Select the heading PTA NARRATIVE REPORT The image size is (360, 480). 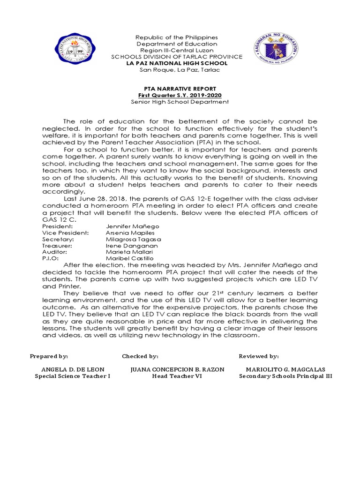(x=180, y=88)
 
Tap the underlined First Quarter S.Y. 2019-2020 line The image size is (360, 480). (x=180, y=95)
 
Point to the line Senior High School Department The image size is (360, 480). (x=180, y=101)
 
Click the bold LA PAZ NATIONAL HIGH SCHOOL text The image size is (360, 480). (x=180, y=63)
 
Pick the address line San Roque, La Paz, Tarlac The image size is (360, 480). (x=180, y=70)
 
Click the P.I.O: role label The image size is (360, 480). (x=50, y=258)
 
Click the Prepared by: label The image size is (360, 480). (x=49, y=356)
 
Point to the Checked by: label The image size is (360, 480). (x=140, y=356)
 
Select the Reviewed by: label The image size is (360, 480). (x=259, y=356)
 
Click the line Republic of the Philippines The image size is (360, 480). (x=180, y=37)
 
